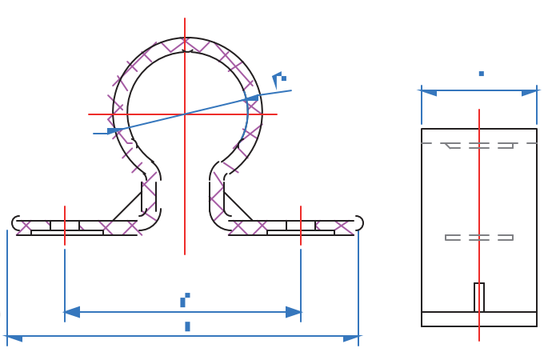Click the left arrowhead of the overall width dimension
click(x=14, y=338)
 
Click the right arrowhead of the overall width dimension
click(x=351, y=338)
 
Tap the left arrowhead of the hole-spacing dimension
click(x=72, y=312)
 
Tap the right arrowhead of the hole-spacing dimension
click(x=294, y=312)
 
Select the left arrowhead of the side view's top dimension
click(x=429, y=93)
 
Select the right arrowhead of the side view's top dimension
click(x=530, y=93)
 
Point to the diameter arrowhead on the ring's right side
click(x=252, y=98)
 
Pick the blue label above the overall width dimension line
click(x=187, y=326)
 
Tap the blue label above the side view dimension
click(x=481, y=74)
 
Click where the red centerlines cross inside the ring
click(x=185, y=114)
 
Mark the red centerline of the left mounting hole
click(x=65, y=226)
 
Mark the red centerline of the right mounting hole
click(x=301, y=226)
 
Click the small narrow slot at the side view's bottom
click(x=479, y=298)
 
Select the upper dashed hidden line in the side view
click(x=479, y=145)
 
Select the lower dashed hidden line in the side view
click(x=479, y=238)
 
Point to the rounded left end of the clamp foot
click(x=16, y=223)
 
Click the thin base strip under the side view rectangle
click(x=479, y=319)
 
